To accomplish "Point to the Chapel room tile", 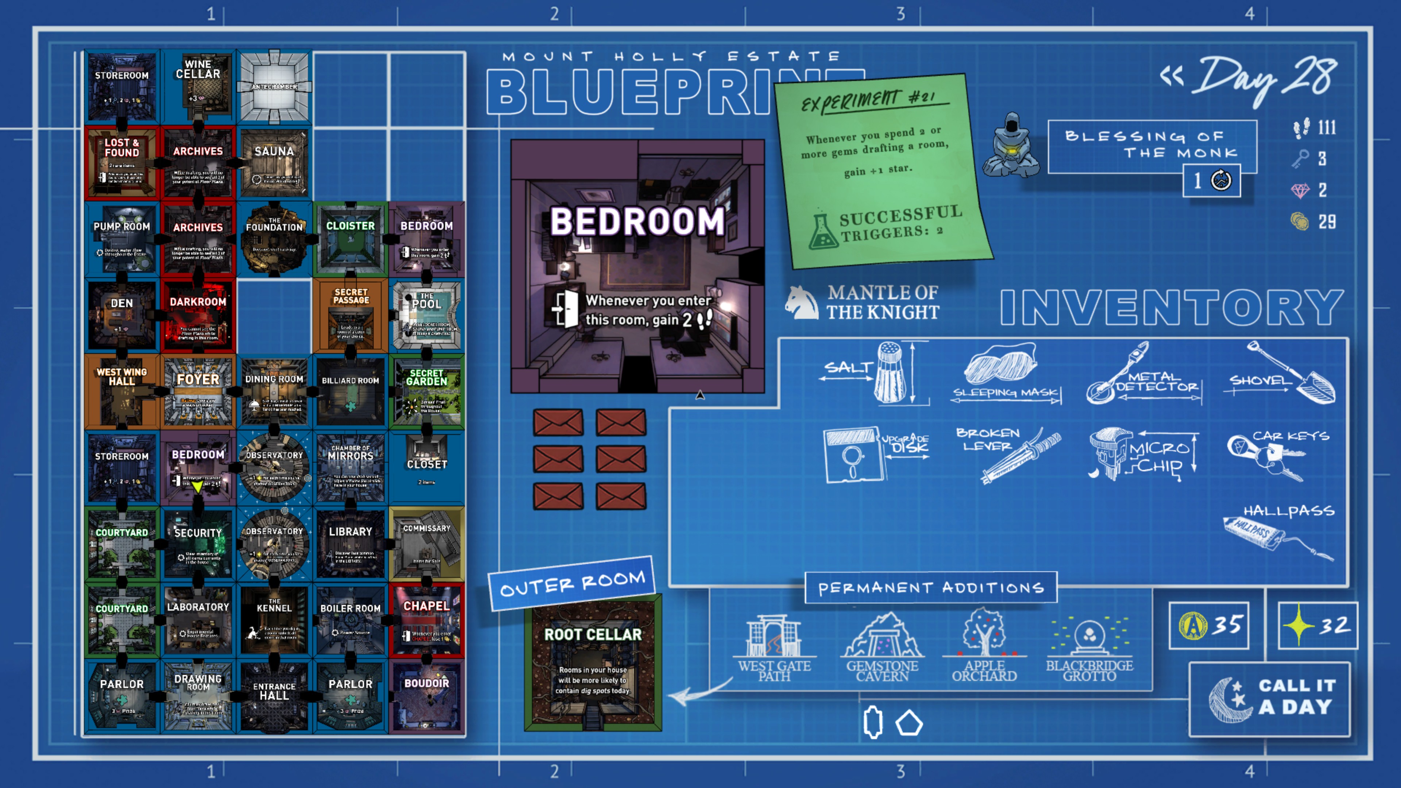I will (427, 620).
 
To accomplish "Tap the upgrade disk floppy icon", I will (851, 454).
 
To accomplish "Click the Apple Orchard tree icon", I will (984, 634).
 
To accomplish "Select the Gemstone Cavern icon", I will (882, 636).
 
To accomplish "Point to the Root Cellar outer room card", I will (593, 664).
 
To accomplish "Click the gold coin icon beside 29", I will (1300, 221).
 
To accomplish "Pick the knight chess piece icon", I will (802, 302).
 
